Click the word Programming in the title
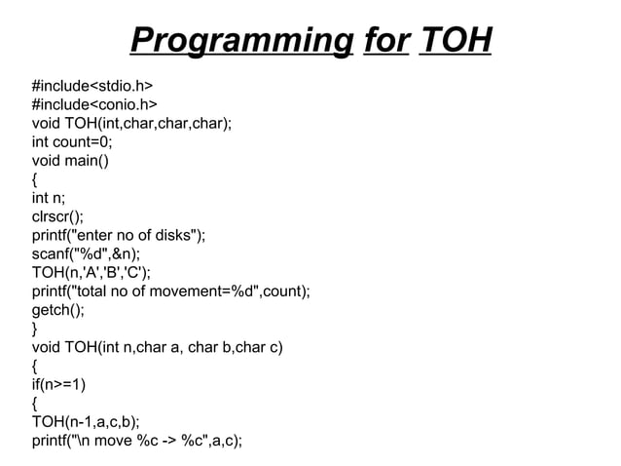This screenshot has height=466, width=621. click(x=240, y=41)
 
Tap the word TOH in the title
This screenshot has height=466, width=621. click(x=455, y=41)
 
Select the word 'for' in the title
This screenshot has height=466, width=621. click(x=384, y=41)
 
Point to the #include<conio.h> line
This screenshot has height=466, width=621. click(x=95, y=104)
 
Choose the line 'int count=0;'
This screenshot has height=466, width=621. click(x=72, y=142)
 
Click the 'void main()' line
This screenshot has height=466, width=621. click(x=71, y=161)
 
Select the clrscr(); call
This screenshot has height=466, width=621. click(x=57, y=216)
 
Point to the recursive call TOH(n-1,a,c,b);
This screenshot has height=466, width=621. click(x=86, y=422)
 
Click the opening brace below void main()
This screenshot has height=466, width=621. click(x=36, y=179)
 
